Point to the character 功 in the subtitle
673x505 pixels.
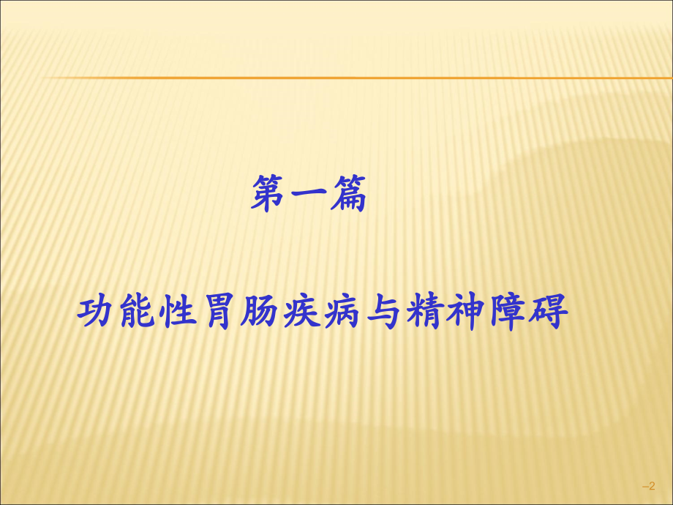tap(97, 313)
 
